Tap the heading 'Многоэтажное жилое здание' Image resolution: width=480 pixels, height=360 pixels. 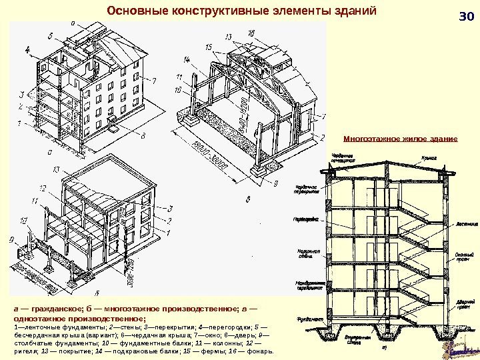(399, 139)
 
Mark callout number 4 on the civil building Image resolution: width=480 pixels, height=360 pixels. (27, 50)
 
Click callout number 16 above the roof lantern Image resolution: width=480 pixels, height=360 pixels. (251, 33)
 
